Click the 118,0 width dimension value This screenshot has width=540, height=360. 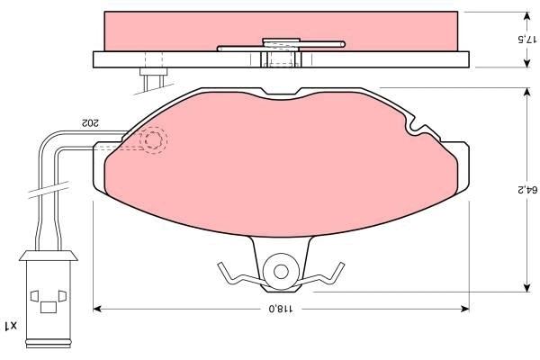click(x=281, y=309)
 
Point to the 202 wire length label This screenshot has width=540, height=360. click(x=89, y=122)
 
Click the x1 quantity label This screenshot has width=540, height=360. click(x=10, y=325)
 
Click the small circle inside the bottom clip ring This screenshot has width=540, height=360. click(x=281, y=272)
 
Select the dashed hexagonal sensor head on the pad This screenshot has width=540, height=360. click(x=153, y=139)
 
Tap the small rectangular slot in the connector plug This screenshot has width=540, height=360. click(x=49, y=307)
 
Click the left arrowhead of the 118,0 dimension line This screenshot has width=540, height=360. click(x=97, y=309)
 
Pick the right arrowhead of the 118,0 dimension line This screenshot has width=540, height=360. click(x=465, y=309)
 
